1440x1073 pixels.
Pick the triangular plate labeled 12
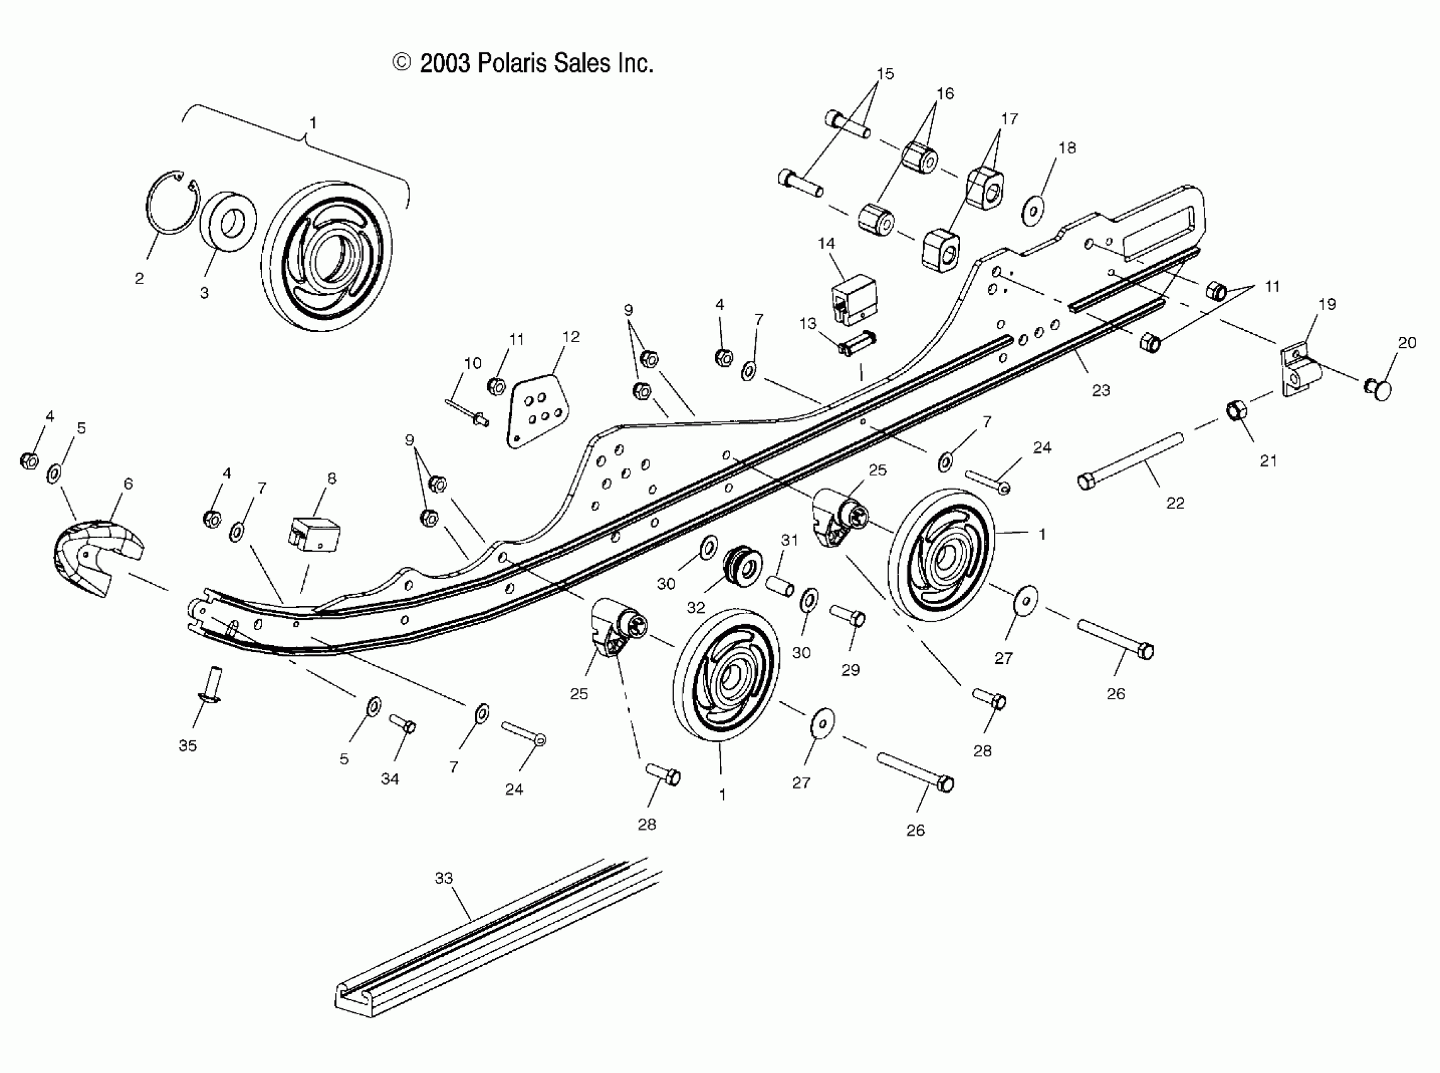coord(537,410)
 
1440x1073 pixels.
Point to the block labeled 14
coord(855,299)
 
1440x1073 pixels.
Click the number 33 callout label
coord(443,878)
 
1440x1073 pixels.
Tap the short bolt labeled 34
coord(403,723)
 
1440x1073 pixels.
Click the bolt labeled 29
coord(848,616)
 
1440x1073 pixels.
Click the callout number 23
coord(1101,390)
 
